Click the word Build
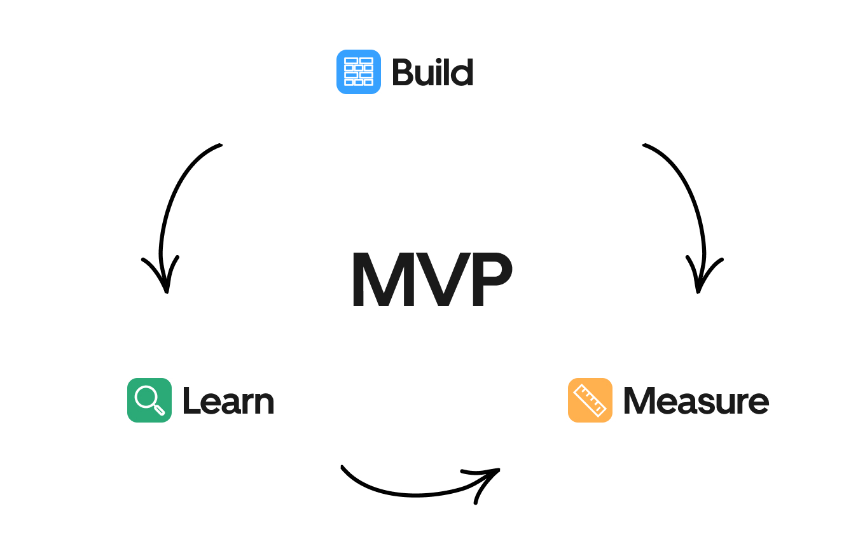tap(432, 72)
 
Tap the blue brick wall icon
tap(359, 72)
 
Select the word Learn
tap(228, 401)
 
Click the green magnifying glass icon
tap(149, 400)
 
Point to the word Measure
tap(696, 401)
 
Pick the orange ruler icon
tap(590, 400)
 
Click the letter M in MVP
tap(382, 281)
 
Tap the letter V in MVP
tap(440, 281)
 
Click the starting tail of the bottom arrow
tap(343, 468)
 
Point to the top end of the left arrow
tap(219, 145)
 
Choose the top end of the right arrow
tap(645, 145)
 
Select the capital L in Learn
tap(190, 401)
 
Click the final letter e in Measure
tap(758, 403)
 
